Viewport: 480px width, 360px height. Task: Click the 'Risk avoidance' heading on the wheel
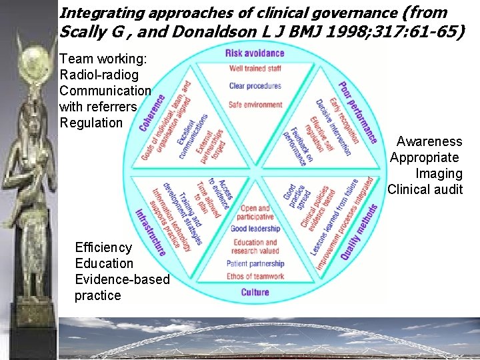255,53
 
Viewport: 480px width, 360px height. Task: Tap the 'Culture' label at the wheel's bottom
255,292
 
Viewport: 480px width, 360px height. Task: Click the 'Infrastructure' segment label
151,232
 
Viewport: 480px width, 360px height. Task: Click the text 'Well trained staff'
255,69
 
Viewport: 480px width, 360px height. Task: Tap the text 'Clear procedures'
255,86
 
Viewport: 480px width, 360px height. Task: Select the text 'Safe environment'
255,105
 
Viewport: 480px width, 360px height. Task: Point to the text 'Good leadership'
255,229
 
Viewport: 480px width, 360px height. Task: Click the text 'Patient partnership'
255,264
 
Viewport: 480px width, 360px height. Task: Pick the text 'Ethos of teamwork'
255,276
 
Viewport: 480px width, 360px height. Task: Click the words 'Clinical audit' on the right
425,189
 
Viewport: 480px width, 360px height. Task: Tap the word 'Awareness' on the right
429,141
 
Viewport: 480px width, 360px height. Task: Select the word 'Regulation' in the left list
91,123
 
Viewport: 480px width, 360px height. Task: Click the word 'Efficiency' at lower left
104,247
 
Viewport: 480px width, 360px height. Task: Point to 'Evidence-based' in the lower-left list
122,279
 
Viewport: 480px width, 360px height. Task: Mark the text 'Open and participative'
255,212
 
